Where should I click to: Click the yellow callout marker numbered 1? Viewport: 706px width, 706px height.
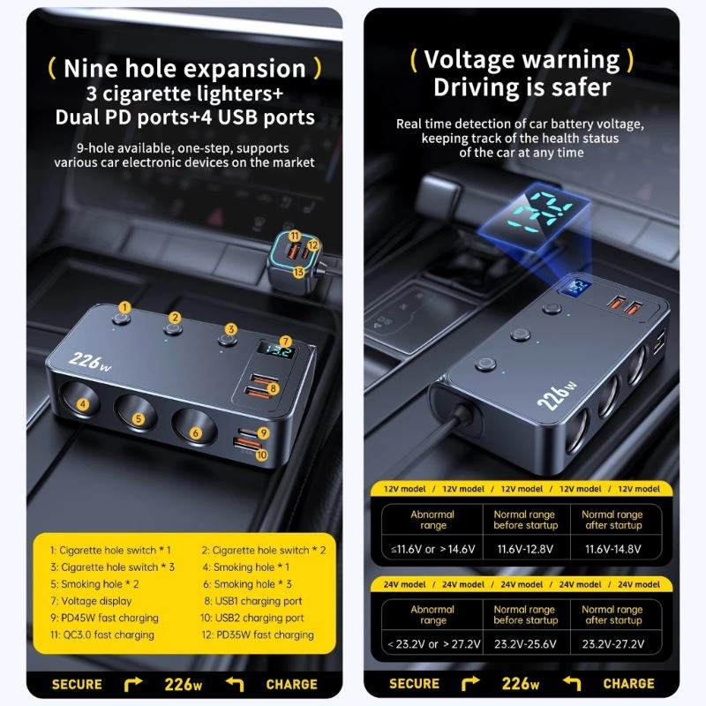(125, 307)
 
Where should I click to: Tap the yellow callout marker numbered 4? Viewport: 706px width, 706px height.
(83, 405)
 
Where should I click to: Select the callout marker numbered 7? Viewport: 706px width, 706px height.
(285, 342)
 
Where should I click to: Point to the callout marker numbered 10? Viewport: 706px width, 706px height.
(261, 454)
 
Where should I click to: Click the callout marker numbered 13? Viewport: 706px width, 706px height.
(298, 273)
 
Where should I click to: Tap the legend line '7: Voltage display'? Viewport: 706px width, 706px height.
(91, 600)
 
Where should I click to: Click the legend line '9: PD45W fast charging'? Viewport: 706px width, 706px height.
(104, 618)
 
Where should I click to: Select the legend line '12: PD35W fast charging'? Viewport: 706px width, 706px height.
(258, 635)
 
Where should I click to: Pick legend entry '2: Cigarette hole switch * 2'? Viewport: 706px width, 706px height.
(263, 550)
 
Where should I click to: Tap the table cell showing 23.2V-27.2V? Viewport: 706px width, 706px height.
(612, 645)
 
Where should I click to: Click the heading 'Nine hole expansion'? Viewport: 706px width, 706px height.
(184, 68)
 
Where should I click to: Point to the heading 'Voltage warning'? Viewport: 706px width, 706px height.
(522, 59)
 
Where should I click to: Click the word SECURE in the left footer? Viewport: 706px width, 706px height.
(77, 684)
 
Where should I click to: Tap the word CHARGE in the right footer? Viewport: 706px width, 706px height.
(628, 684)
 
